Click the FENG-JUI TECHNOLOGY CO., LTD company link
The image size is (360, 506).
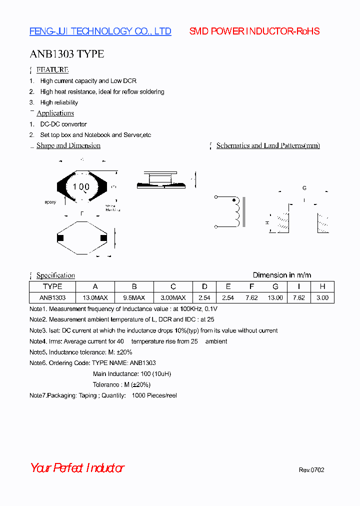[x=100, y=31]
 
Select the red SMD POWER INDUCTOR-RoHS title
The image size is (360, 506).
[x=254, y=31]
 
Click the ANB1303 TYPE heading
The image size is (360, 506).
[x=66, y=54]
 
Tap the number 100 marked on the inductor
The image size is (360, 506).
[x=81, y=187]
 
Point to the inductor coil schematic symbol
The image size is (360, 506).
[x=235, y=212]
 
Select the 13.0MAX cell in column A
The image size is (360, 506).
[x=95, y=297]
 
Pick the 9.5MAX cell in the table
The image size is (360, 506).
[x=134, y=297]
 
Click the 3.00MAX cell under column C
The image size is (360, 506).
[x=173, y=297]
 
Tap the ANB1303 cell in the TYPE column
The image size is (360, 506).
[x=52, y=297]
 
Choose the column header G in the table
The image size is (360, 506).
[x=275, y=286]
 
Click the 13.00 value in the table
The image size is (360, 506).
[x=275, y=297]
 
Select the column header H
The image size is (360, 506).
[x=322, y=286]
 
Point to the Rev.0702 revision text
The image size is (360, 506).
[x=311, y=470]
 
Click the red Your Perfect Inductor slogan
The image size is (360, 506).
[x=77, y=468]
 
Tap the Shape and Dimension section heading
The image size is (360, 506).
[x=68, y=145]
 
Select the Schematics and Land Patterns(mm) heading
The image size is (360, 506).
[x=268, y=145]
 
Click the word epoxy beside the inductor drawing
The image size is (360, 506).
[x=50, y=202]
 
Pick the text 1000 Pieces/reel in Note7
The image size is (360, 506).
[x=154, y=395]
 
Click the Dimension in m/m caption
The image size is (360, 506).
[x=281, y=275]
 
